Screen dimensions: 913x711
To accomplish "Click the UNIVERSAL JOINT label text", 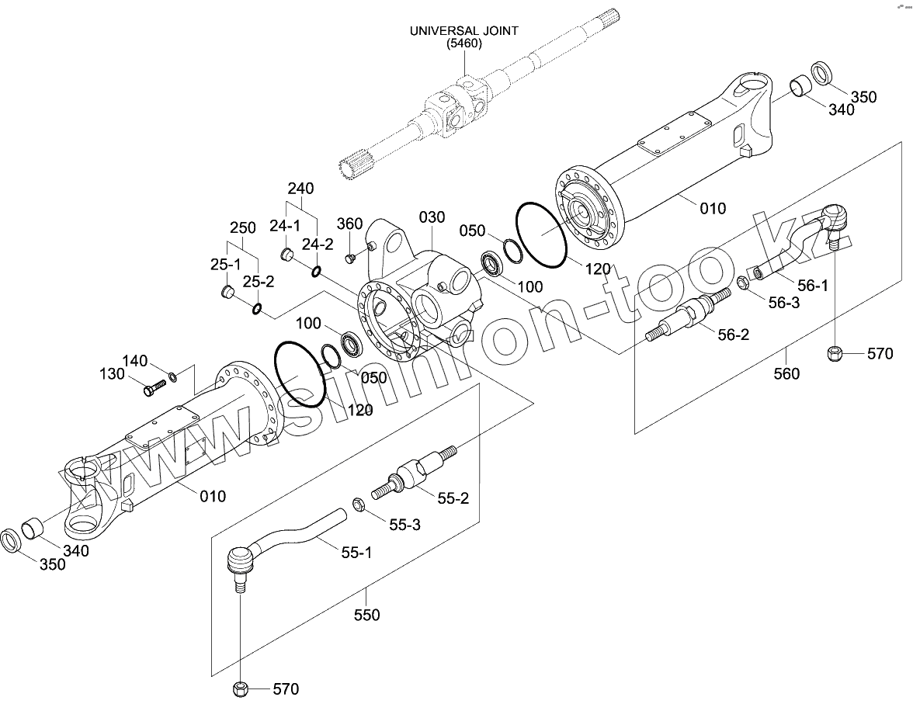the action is [464, 31].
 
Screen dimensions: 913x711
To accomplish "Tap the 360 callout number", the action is [349, 224].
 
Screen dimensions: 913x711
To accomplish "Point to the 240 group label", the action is [300, 189].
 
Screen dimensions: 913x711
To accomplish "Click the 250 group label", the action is [242, 228].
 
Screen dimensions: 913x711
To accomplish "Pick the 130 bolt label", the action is [112, 374].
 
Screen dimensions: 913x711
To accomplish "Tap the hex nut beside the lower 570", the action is [240, 688].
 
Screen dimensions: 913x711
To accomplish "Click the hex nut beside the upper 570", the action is [835, 355].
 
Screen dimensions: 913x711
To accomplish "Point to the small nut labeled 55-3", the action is [359, 505].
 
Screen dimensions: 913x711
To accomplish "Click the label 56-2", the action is [733, 335].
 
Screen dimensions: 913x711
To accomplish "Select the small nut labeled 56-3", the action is [741, 283].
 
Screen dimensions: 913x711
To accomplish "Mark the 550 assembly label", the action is [366, 615].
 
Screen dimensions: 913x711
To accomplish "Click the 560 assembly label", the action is [787, 374].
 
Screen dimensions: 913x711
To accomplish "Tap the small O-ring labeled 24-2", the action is [316, 271].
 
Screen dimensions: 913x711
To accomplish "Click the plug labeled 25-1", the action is [227, 292].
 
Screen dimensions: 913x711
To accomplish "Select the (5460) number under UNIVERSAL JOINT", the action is [464, 44].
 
